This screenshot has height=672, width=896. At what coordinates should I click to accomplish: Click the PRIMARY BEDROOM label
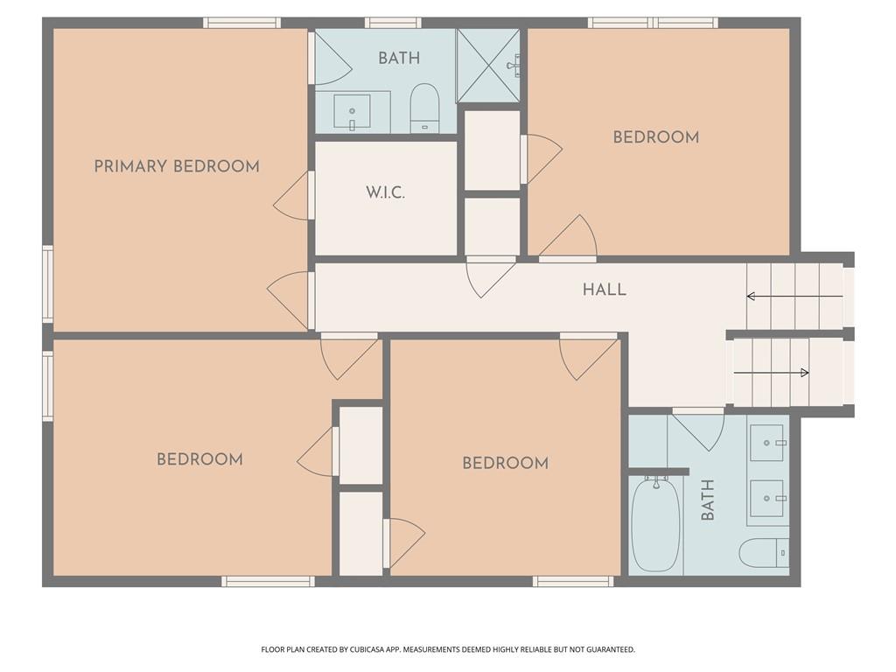click(x=177, y=166)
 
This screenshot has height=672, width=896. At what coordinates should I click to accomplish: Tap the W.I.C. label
click(x=386, y=192)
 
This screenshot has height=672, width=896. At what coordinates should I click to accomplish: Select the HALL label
click(x=605, y=290)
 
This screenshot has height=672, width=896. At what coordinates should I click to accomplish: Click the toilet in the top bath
click(x=424, y=108)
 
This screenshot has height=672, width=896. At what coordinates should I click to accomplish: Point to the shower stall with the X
click(x=488, y=66)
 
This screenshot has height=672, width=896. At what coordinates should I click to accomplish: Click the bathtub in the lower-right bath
click(x=655, y=524)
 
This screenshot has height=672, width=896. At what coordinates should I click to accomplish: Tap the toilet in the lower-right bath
click(x=764, y=553)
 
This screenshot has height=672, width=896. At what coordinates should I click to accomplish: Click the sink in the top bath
click(x=352, y=112)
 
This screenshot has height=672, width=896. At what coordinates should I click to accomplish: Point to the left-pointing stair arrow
click(x=794, y=296)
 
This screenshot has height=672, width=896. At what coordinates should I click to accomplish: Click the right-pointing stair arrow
click(x=772, y=373)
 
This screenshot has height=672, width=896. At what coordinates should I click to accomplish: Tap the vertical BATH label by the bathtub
click(x=707, y=500)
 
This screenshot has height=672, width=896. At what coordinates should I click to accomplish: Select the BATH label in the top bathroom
click(x=399, y=58)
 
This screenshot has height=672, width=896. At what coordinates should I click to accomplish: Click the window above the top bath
click(x=393, y=23)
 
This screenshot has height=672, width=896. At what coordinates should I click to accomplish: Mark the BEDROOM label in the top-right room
click(x=656, y=137)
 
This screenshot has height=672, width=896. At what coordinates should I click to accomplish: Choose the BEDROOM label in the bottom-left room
click(x=200, y=459)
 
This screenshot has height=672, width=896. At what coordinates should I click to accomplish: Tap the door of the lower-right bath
click(x=698, y=430)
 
